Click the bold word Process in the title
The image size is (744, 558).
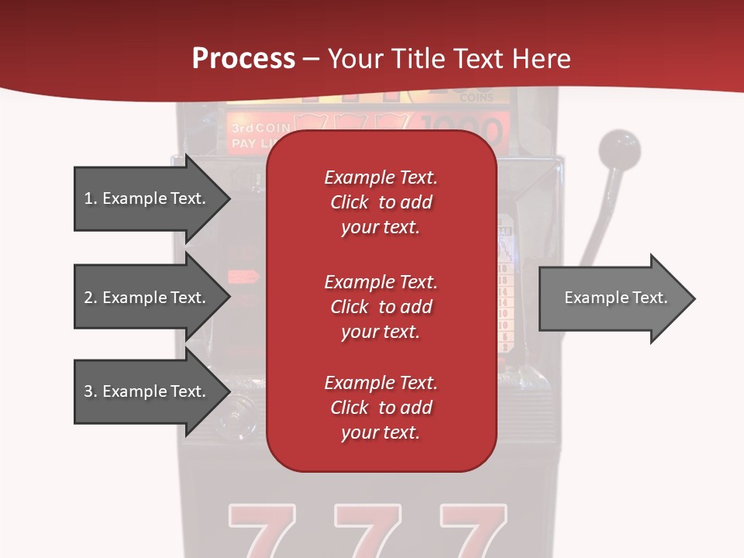click(x=243, y=59)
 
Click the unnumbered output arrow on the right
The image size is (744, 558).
click(x=616, y=298)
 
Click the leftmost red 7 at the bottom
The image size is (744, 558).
click(x=262, y=531)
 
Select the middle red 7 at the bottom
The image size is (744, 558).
click(x=367, y=531)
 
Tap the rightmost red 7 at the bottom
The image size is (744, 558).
click(x=473, y=531)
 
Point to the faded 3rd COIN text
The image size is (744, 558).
click(x=259, y=128)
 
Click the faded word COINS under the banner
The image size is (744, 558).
click(x=476, y=98)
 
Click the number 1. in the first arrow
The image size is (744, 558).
click(x=91, y=198)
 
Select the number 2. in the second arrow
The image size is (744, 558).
click(x=91, y=298)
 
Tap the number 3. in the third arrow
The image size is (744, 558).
click(x=91, y=391)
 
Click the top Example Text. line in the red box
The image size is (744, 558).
click(x=381, y=177)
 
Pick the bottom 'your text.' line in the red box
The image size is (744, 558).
click(x=381, y=432)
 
